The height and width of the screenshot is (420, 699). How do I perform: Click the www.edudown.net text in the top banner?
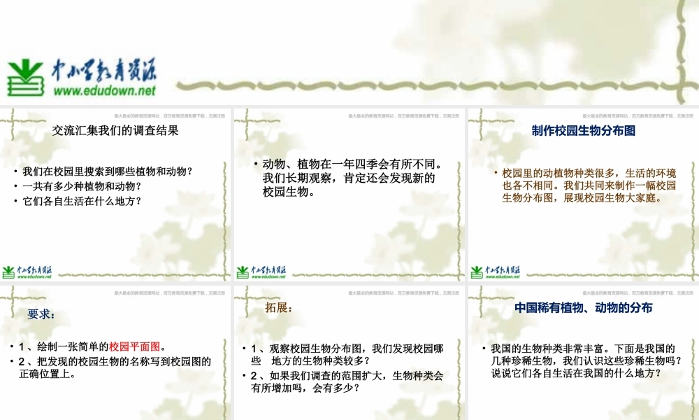pos(105,90)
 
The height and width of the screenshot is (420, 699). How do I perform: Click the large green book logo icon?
pos(27,78)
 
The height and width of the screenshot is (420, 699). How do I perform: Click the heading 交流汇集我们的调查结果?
pos(116,130)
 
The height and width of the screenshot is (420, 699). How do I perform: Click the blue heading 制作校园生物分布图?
pos(583,130)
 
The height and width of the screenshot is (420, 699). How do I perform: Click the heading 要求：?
pos(41,314)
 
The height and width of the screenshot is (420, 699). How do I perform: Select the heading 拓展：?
pos(279,308)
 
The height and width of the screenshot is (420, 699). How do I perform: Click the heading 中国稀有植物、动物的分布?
pos(583,307)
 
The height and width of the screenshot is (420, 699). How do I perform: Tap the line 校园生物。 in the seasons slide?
pos(288,192)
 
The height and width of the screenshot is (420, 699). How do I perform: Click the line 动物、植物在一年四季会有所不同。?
pos(352,164)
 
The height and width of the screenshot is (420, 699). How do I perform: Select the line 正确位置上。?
pos(48,374)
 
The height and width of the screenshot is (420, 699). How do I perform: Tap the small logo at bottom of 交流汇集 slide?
pos(27,272)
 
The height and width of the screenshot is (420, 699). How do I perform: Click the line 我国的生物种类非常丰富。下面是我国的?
pos(582,348)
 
